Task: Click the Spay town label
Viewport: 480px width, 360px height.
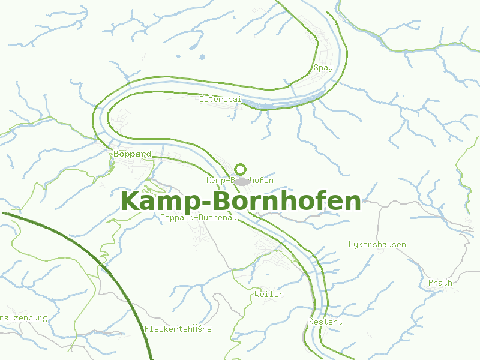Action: [323, 68]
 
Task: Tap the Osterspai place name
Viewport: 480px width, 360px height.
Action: [220, 99]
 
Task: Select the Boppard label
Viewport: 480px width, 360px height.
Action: [132, 154]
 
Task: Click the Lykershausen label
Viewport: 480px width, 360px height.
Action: [377, 245]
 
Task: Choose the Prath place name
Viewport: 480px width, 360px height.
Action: [440, 283]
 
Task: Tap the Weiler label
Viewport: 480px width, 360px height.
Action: [268, 295]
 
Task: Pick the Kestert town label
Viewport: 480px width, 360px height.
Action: [325, 322]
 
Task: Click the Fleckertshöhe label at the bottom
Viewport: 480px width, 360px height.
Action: [178, 329]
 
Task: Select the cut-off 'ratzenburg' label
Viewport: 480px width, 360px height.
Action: [23, 317]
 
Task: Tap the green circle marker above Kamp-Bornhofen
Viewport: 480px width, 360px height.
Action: [241, 169]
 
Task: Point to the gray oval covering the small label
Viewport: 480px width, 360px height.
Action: [242, 181]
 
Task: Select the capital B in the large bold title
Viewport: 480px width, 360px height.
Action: [210, 202]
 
